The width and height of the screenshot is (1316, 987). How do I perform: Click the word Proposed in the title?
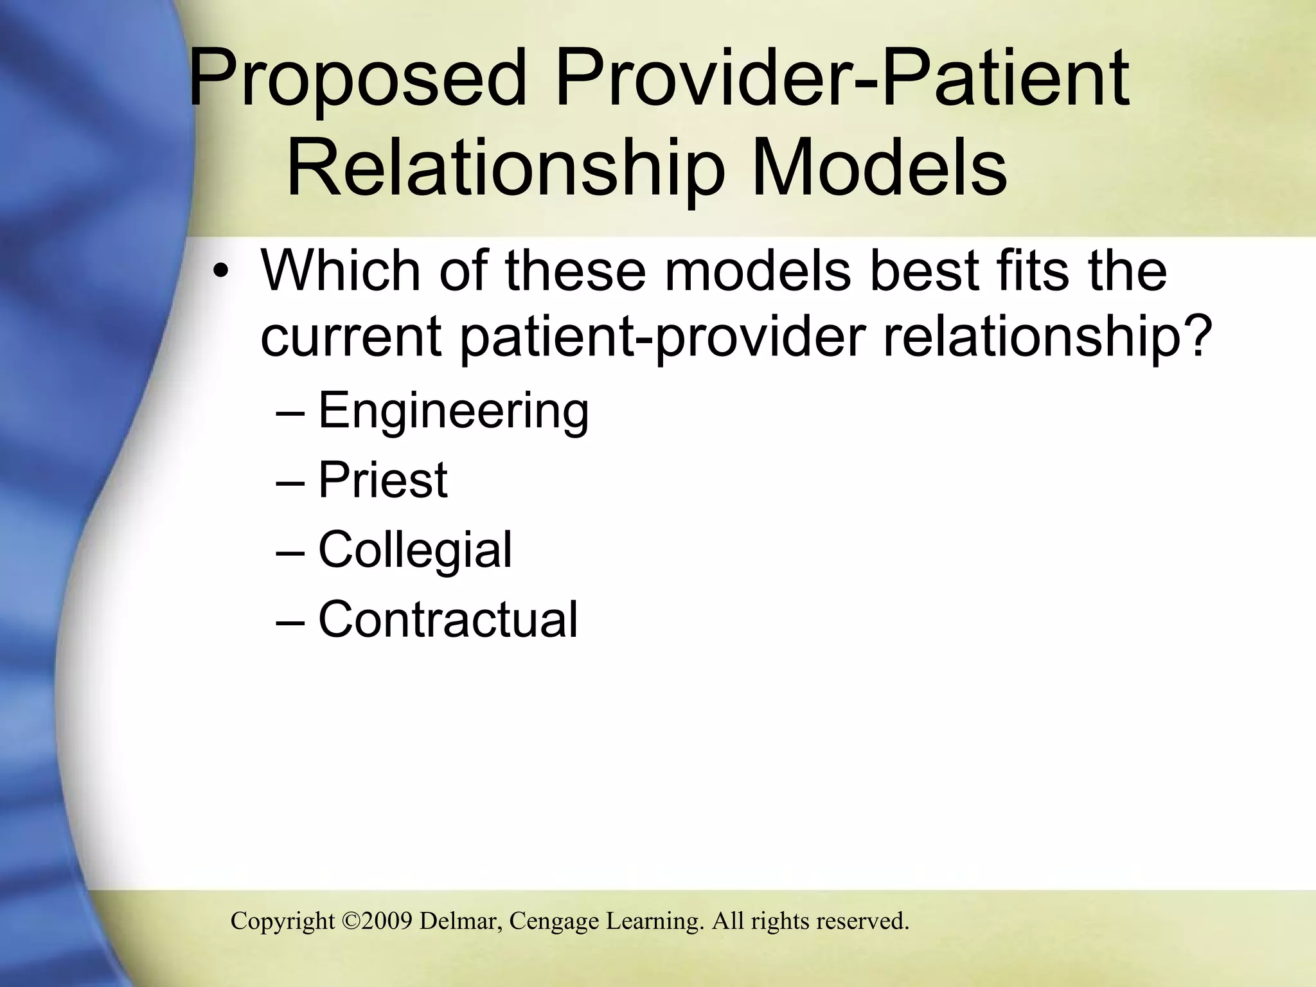point(357,81)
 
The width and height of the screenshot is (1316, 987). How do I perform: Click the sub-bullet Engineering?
point(453,411)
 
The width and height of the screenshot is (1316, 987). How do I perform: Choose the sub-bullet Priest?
point(382,480)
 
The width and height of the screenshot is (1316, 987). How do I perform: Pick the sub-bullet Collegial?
point(415,550)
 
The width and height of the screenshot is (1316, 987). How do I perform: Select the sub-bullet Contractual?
point(448,619)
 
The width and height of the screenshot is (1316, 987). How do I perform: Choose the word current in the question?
point(350,338)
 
